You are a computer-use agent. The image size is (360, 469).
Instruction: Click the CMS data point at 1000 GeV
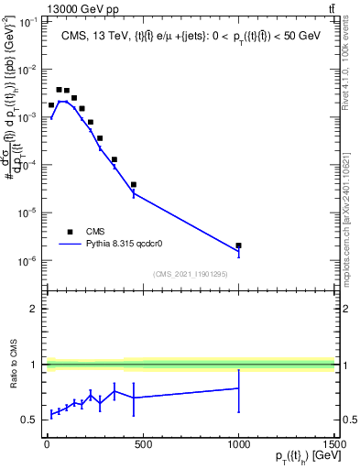coord(238,245)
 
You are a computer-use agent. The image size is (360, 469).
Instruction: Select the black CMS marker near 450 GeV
coord(134,184)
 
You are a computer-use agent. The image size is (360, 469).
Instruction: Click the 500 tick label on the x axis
coord(142,446)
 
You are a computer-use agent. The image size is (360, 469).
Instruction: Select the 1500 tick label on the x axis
coord(333,446)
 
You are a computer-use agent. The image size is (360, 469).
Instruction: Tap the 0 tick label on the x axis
coord(47,446)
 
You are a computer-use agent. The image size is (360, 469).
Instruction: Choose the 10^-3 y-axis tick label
coord(25,117)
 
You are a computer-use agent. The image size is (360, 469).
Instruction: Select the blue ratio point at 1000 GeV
coord(238,388)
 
